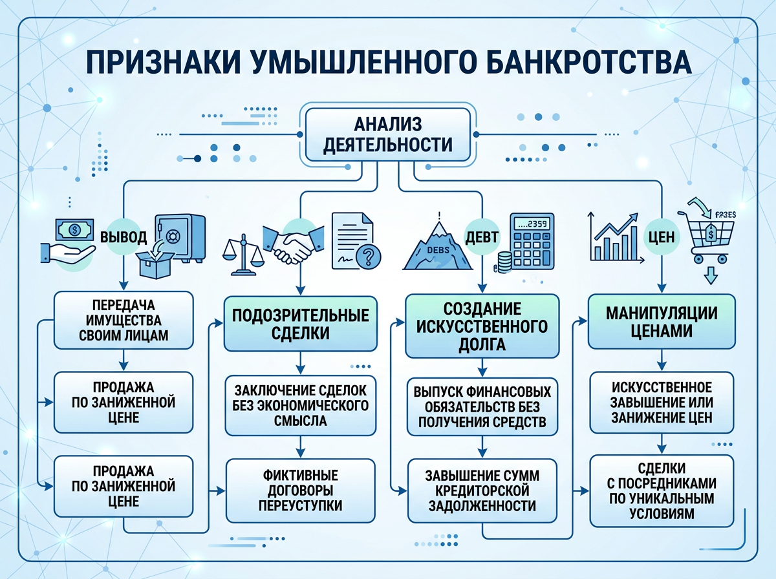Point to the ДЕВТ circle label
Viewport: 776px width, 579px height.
coord(482,237)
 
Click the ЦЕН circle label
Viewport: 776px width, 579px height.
coord(661,237)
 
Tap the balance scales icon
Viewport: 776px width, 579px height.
coord(244,253)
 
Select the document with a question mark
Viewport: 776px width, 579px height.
coord(355,240)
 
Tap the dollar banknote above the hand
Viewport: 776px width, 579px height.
coord(73,228)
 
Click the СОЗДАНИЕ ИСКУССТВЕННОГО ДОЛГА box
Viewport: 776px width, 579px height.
coord(481,326)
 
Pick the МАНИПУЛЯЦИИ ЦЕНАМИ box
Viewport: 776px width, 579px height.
coord(661,322)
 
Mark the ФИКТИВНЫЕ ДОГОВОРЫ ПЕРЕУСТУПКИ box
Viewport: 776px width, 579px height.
coord(300,491)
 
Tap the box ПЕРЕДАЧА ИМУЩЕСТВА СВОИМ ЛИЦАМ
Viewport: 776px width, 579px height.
coord(123,319)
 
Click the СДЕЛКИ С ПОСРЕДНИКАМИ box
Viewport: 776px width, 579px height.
coord(661,490)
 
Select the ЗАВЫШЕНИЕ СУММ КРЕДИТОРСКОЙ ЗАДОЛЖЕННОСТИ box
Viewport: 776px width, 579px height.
coord(481,490)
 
